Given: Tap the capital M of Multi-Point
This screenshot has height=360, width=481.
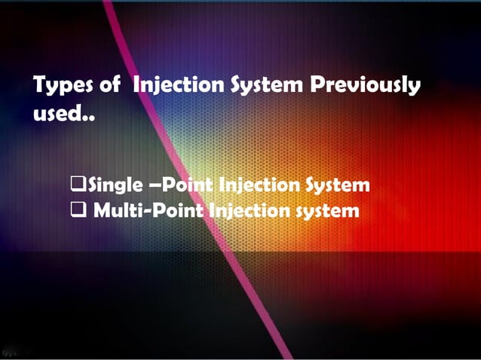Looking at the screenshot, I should point(103,210).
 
